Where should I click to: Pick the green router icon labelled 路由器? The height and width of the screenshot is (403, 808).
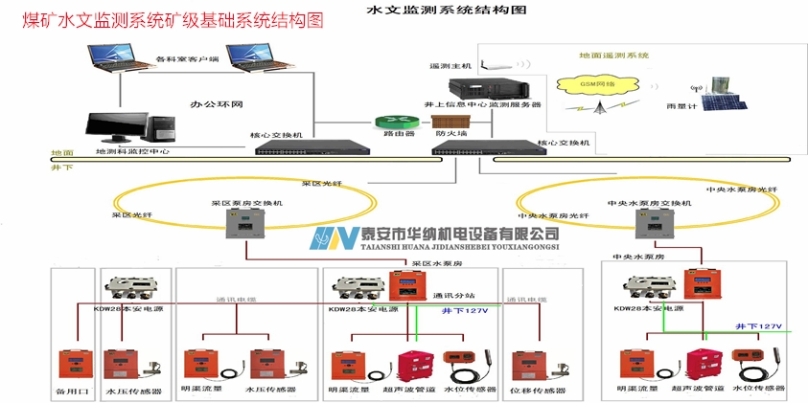391,123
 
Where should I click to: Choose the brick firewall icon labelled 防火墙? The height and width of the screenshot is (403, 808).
448,123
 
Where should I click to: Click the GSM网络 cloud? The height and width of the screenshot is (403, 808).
597,84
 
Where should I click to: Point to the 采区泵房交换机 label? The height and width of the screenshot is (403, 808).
246,204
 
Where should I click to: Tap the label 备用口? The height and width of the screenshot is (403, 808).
73,391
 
